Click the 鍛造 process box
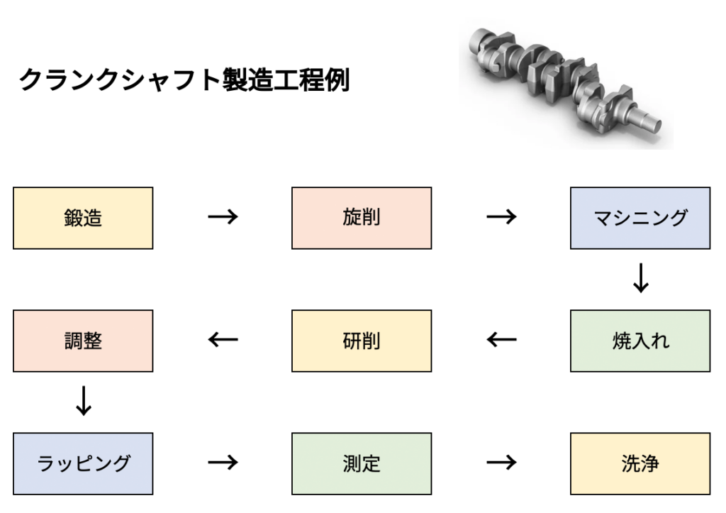click(x=83, y=218)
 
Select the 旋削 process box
click(x=362, y=218)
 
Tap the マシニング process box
click(x=640, y=218)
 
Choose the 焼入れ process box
click(x=640, y=341)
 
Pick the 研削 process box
click(x=362, y=341)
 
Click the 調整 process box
click(x=83, y=341)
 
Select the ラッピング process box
click(x=83, y=463)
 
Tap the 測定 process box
click(x=362, y=463)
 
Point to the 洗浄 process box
click(x=640, y=463)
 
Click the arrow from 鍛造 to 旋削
click(x=223, y=218)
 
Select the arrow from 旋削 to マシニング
click(x=501, y=218)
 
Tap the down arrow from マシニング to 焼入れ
click(x=640, y=280)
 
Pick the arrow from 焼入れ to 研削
click(x=501, y=341)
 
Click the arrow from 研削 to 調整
click(x=223, y=341)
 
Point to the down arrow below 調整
click(x=83, y=402)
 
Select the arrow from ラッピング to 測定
click(x=223, y=463)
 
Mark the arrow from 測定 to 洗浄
click(x=501, y=463)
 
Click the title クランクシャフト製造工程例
click(x=184, y=79)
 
